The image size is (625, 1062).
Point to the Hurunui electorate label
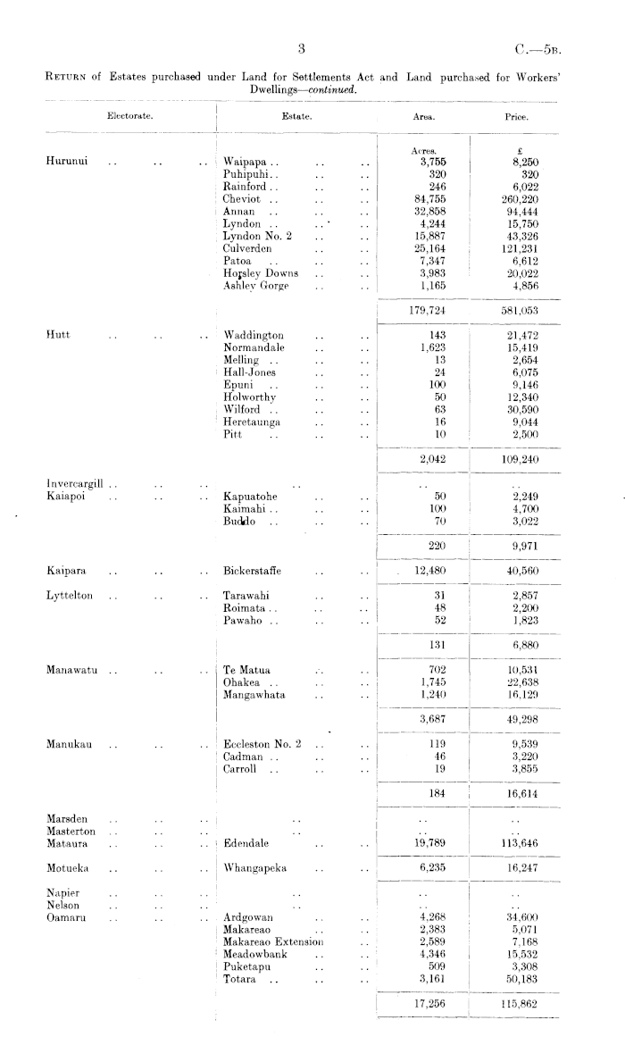click(65, 162)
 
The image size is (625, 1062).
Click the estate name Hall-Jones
click(250, 372)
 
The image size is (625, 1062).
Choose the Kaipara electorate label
click(67, 570)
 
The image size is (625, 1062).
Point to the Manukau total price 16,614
click(521, 792)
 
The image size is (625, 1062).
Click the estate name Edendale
click(246, 842)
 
